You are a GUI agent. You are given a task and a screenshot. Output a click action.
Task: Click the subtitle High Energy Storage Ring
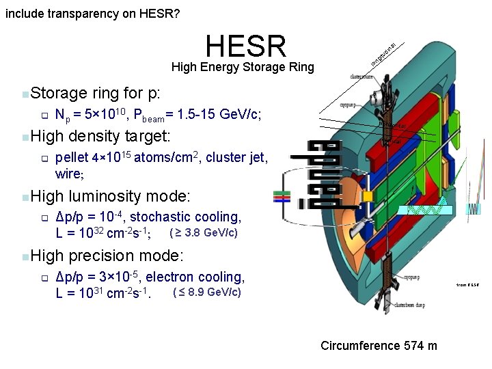(243, 67)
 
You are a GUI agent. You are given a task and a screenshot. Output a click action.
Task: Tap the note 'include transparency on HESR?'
(93, 13)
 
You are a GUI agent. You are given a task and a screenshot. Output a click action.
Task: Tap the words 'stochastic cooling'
(185, 217)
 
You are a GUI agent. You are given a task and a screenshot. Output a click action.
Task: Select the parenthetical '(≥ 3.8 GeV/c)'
(203, 233)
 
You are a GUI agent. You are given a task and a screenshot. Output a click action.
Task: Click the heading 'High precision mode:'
(107, 256)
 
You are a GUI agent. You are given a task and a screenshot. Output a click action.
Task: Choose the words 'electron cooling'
(195, 277)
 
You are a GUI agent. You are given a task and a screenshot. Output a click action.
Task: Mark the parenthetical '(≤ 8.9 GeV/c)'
(207, 293)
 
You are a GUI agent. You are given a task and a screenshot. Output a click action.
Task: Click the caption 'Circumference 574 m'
(379, 345)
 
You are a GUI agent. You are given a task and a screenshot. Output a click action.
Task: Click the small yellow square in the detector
(368, 196)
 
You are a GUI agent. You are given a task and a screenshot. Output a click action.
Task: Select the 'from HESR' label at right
(468, 284)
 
